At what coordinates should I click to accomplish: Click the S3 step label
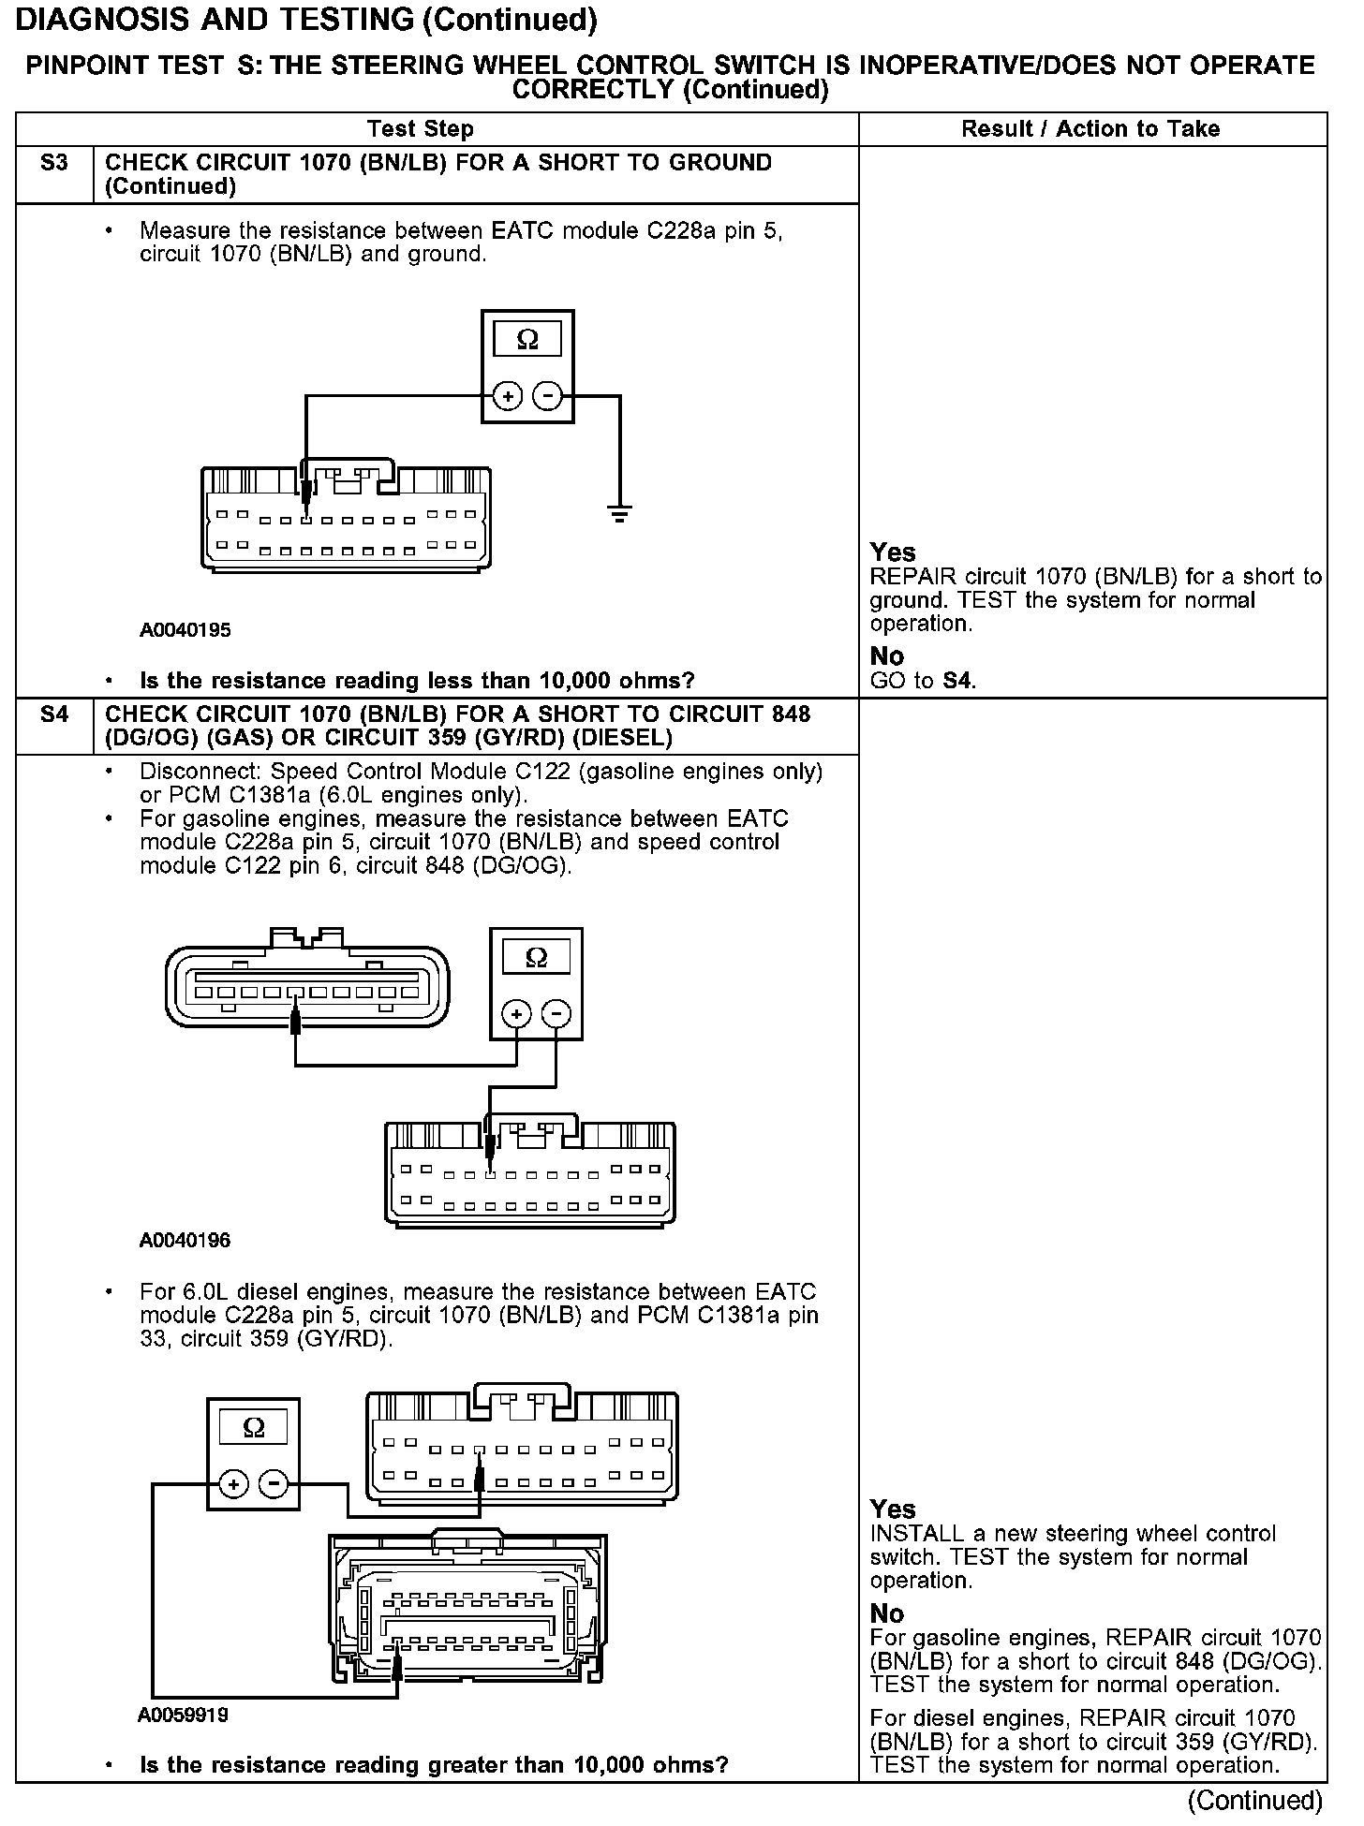click(x=54, y=164)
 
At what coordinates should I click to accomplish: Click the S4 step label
click(x=54, y=715)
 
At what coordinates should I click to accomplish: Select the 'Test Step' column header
click(x=421, y=129)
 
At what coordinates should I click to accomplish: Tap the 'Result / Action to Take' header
click(x=1090, y=129)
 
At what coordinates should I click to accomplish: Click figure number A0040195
click(x=185, y=630)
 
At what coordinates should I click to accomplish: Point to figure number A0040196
click(x=185, y=1241)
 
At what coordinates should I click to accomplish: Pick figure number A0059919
click(x=184, y=1716)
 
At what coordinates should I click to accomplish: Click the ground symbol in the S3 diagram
click(x=619, y=512)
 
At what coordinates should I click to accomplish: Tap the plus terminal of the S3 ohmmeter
click(x=508, y=397)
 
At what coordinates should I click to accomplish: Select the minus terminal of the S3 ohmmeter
click(x=547, y=397)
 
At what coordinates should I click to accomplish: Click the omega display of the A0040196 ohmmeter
click(x=536, y=958)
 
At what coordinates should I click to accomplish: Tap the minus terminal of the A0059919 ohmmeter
click(x=274, y=1484)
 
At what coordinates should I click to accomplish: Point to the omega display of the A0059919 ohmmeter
click(x=254, y=1428)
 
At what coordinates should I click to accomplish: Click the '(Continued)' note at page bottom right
click(x=1254, y=1801)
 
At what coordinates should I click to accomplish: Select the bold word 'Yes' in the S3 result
click(x=893, y=552)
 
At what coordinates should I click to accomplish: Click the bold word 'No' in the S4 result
click(x=887, y=1613)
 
